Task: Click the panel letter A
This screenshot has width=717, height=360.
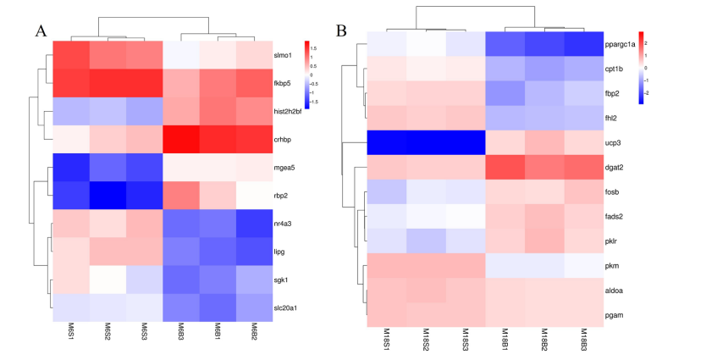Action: (x=41, y=31)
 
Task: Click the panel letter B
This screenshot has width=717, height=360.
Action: (x=341, y=31)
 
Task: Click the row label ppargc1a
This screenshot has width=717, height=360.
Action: (x=621, y=43)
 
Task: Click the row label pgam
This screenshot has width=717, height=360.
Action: (x=615, y=316)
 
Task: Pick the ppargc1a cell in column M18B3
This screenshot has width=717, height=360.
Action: (x=582, y=43)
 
